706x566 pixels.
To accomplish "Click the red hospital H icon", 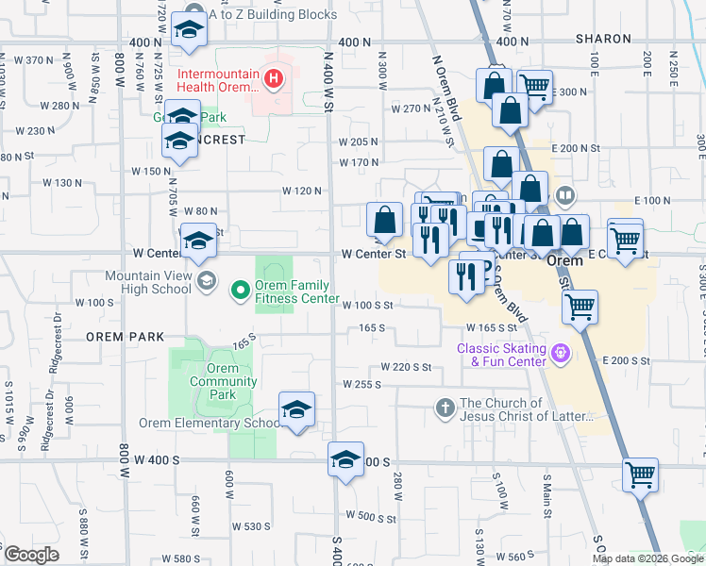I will click(x=273, y=77).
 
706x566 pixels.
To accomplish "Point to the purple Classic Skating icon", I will click(x=562, y=354).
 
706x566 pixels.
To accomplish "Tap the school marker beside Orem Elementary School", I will click(x=296, y=410).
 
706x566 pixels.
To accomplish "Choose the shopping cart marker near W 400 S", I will click(x=640, y=474).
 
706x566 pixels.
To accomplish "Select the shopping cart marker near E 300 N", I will click(x=535, y=88).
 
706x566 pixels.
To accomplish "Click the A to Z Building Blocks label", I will click(x=273, y=15).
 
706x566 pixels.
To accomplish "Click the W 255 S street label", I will click(x=363, y=385).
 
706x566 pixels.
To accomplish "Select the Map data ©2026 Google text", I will click(x=647, y=558).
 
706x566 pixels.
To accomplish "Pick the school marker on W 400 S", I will click(x=345, y=459).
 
